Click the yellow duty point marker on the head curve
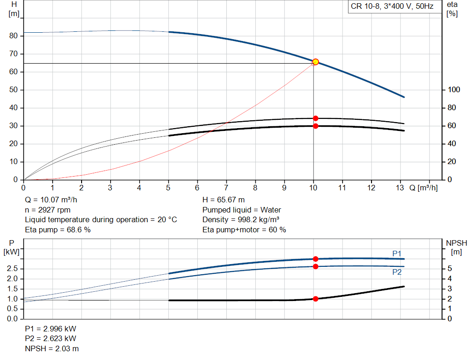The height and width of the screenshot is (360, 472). [315, 62]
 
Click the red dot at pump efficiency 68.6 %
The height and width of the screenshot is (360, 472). [316, 118]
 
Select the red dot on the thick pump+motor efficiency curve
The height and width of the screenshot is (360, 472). [316, 126]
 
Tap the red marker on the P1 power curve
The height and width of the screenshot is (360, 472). [316, 259]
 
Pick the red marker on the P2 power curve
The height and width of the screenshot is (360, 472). [316, 266]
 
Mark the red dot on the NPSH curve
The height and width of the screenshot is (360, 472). [316, 299]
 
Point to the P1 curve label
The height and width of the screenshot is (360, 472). [397, 253]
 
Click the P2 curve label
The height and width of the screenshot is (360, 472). [397, 272]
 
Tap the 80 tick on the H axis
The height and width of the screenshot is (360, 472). [13, 36]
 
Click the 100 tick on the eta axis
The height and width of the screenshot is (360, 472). [453, 90]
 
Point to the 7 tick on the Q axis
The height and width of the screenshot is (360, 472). [226, 188]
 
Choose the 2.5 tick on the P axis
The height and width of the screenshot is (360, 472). [13, 269]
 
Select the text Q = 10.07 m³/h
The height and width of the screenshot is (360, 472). [52, 200]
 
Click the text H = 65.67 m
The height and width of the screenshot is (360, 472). [224, 200]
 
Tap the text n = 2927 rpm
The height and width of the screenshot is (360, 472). [47, 210]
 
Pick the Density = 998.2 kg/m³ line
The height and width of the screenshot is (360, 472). [241, 219]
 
